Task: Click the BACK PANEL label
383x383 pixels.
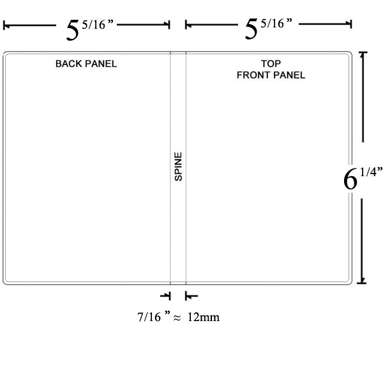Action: [86, 64]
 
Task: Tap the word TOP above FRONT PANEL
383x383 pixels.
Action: [271, 64]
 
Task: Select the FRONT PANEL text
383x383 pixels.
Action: [271, 75]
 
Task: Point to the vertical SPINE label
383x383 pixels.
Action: [179, 167]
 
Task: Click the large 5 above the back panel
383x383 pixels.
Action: [73, 30]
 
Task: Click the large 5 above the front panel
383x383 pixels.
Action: [253, 30]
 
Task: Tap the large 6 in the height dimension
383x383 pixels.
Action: [350, 180]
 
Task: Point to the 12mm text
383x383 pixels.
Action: [204, 317]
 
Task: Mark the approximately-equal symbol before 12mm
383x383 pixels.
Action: [179, 317]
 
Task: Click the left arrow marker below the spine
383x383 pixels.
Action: [167, 296]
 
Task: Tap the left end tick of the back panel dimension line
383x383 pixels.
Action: [4, 26]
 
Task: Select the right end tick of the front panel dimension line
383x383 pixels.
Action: [351, 24]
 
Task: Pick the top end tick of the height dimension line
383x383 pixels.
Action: [363, 53]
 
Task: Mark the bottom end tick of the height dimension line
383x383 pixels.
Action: [363, 282]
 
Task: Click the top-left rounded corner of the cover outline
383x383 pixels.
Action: [6, 54]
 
